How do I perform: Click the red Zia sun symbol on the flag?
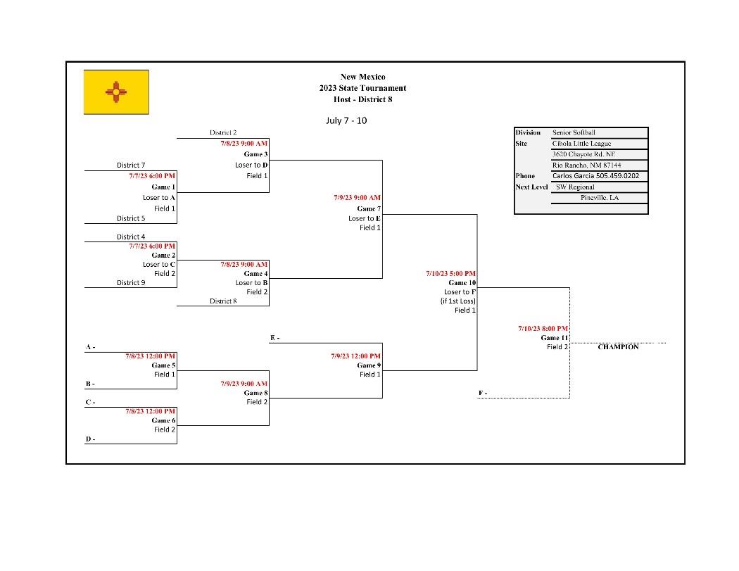[x=116, y=91]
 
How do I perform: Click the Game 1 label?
[x=163, y=187]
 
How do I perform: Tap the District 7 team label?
[x=131, y=165]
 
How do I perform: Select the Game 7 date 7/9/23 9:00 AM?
[x=357, y=198]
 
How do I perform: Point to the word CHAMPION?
[x=618, y=347]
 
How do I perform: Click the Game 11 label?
[x=554, y=338]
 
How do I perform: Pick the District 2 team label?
[x=223, y=132]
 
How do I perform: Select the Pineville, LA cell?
[x=600, y=198]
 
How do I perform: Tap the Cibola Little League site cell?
[x=581, y=144]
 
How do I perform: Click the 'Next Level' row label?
[x=531, y=187]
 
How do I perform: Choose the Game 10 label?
[x=462, y=283]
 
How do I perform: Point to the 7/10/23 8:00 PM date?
[x=543, y=329]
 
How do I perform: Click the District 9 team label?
[x=131, y=283]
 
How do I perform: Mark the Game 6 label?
[x=163, y=420]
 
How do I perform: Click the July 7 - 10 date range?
[x=346, y=120]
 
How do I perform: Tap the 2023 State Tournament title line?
[x=362, y=88]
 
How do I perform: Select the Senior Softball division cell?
[x=574, y=132]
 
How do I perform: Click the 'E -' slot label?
[x=274, y=338]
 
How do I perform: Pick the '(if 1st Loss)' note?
[x=458, y=301]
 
